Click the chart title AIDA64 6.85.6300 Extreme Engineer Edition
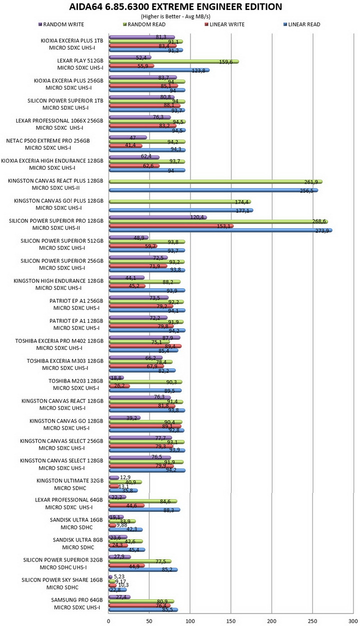click(x=175, y=7)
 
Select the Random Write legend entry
click(x=61, y=25)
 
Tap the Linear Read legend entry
click(x=302, y=25)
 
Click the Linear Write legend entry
click(x=224, y=25)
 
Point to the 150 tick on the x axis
click(x=231, y=621)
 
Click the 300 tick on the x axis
click(x=353, y=621)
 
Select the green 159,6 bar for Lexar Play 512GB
click(x=173, y=62)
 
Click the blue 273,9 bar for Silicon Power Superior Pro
click(x=220, y=230)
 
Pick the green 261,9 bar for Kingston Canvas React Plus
click(x=215, y=182)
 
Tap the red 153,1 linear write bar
click(x=171, y=226)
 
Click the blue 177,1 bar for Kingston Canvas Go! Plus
click(x=181, y=210)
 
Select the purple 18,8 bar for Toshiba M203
click(x=116, y=378)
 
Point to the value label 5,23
click(x=119, y=576)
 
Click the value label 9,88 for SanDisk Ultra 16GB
click(x=122, y=525)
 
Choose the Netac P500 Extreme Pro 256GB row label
click(x=48, y=144)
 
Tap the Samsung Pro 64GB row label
click(x=77, y=603)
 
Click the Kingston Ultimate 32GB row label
click(x=70, y=484)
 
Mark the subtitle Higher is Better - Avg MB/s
click(x=175, y=17)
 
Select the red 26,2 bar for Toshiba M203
click(x=119, y=386)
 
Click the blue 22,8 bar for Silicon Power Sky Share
click(x=117, y=589)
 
